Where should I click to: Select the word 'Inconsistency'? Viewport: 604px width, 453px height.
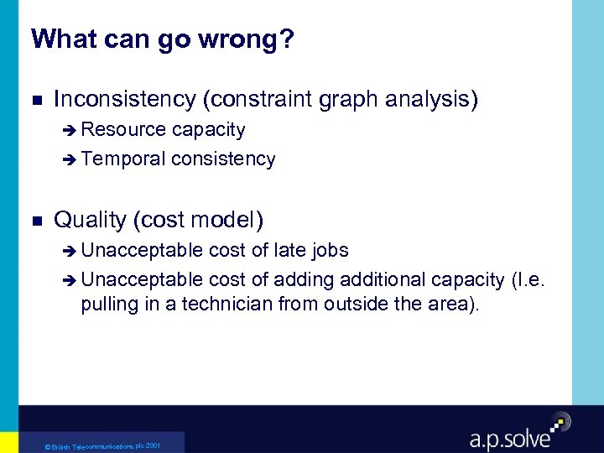click(125, 100)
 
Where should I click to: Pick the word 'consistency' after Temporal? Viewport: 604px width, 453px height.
click(222, 159)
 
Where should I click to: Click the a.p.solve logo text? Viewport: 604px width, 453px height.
click(510, 437)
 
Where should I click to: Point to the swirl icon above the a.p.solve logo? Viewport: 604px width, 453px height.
click(560, 421)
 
